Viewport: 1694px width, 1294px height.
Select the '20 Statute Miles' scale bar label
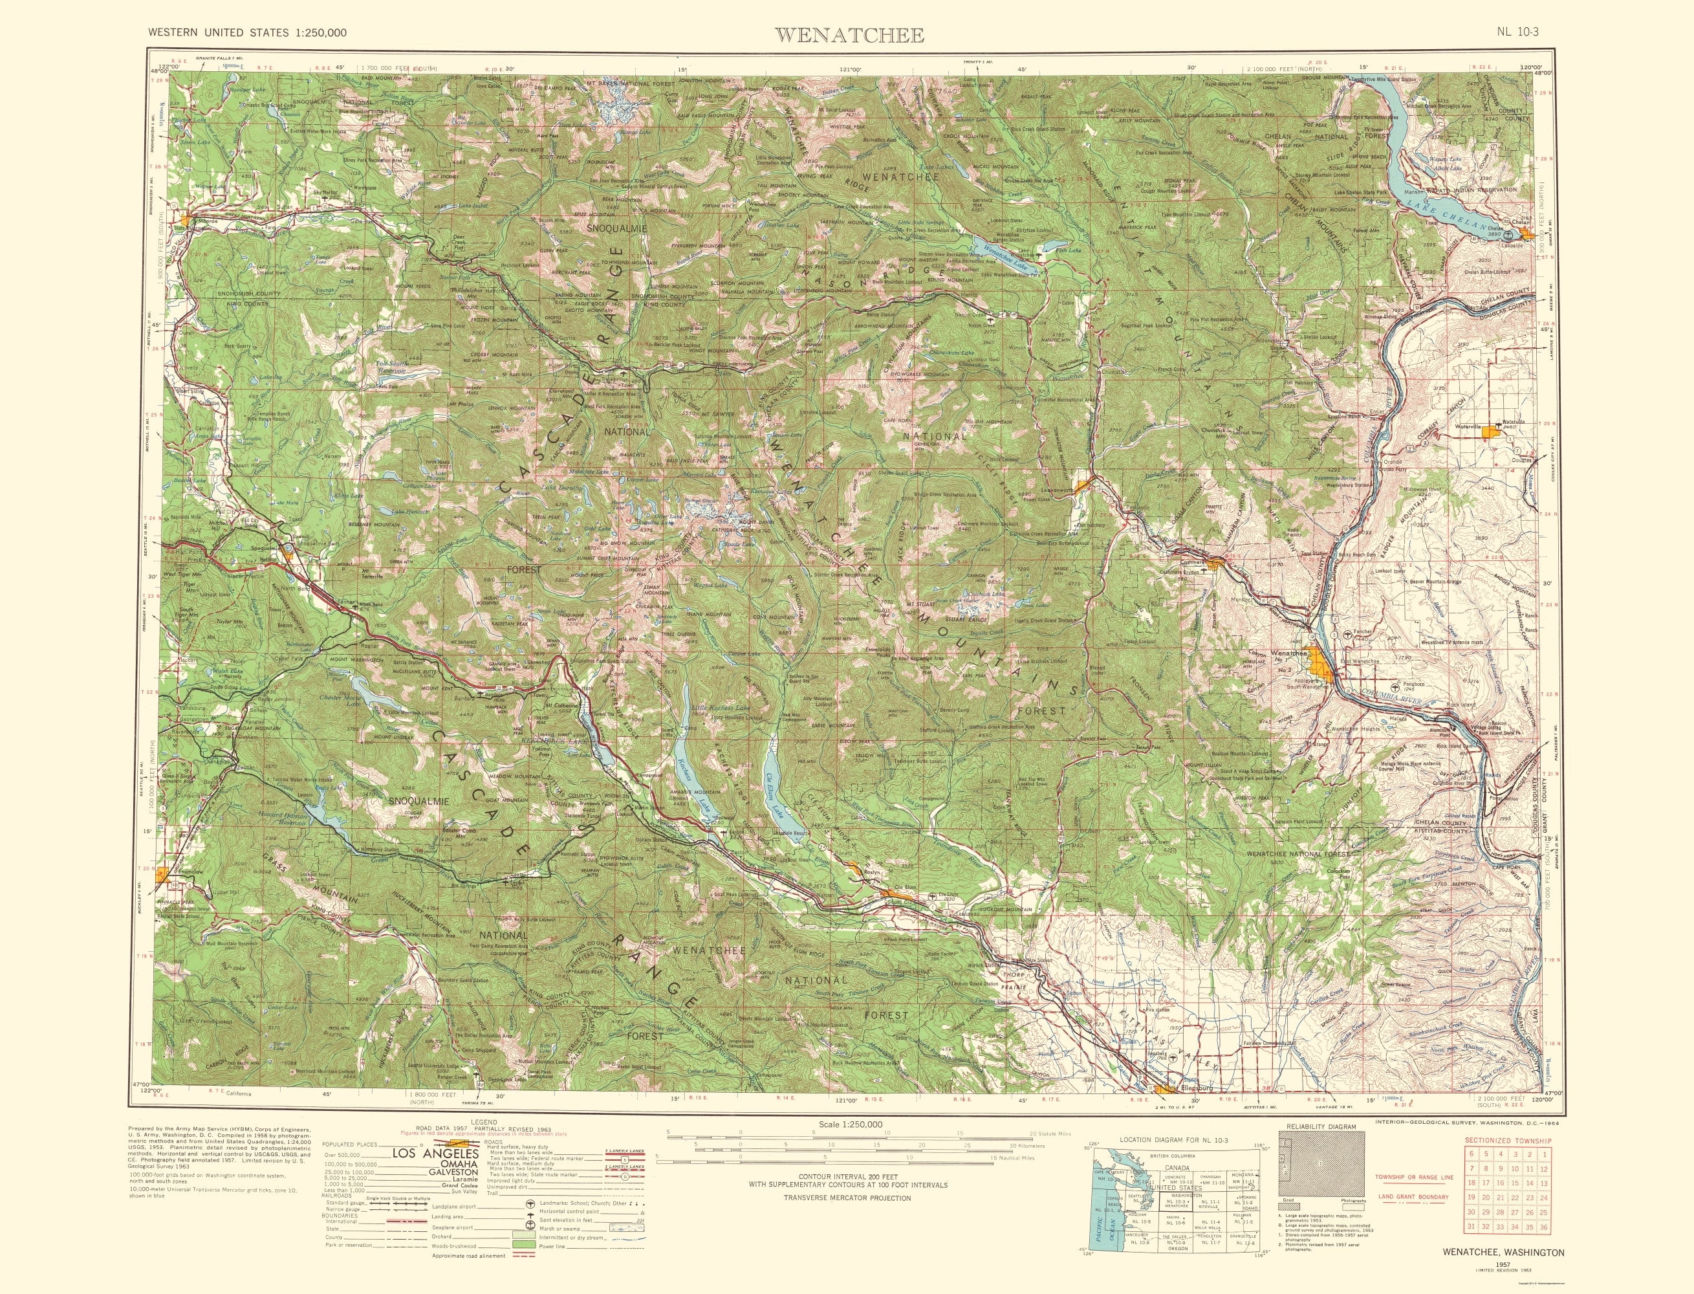click(x=1028, y=1133)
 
